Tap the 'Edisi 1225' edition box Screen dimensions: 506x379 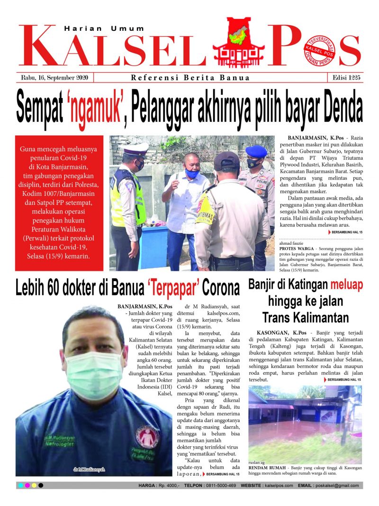pos(344,78)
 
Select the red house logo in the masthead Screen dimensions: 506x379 pos(238,43)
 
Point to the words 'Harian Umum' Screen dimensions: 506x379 pos(104,28)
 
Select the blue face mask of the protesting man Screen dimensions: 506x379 pos(192,174)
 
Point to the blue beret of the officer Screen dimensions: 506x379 pos(256,151)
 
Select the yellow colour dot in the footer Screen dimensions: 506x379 pos(34,486)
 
